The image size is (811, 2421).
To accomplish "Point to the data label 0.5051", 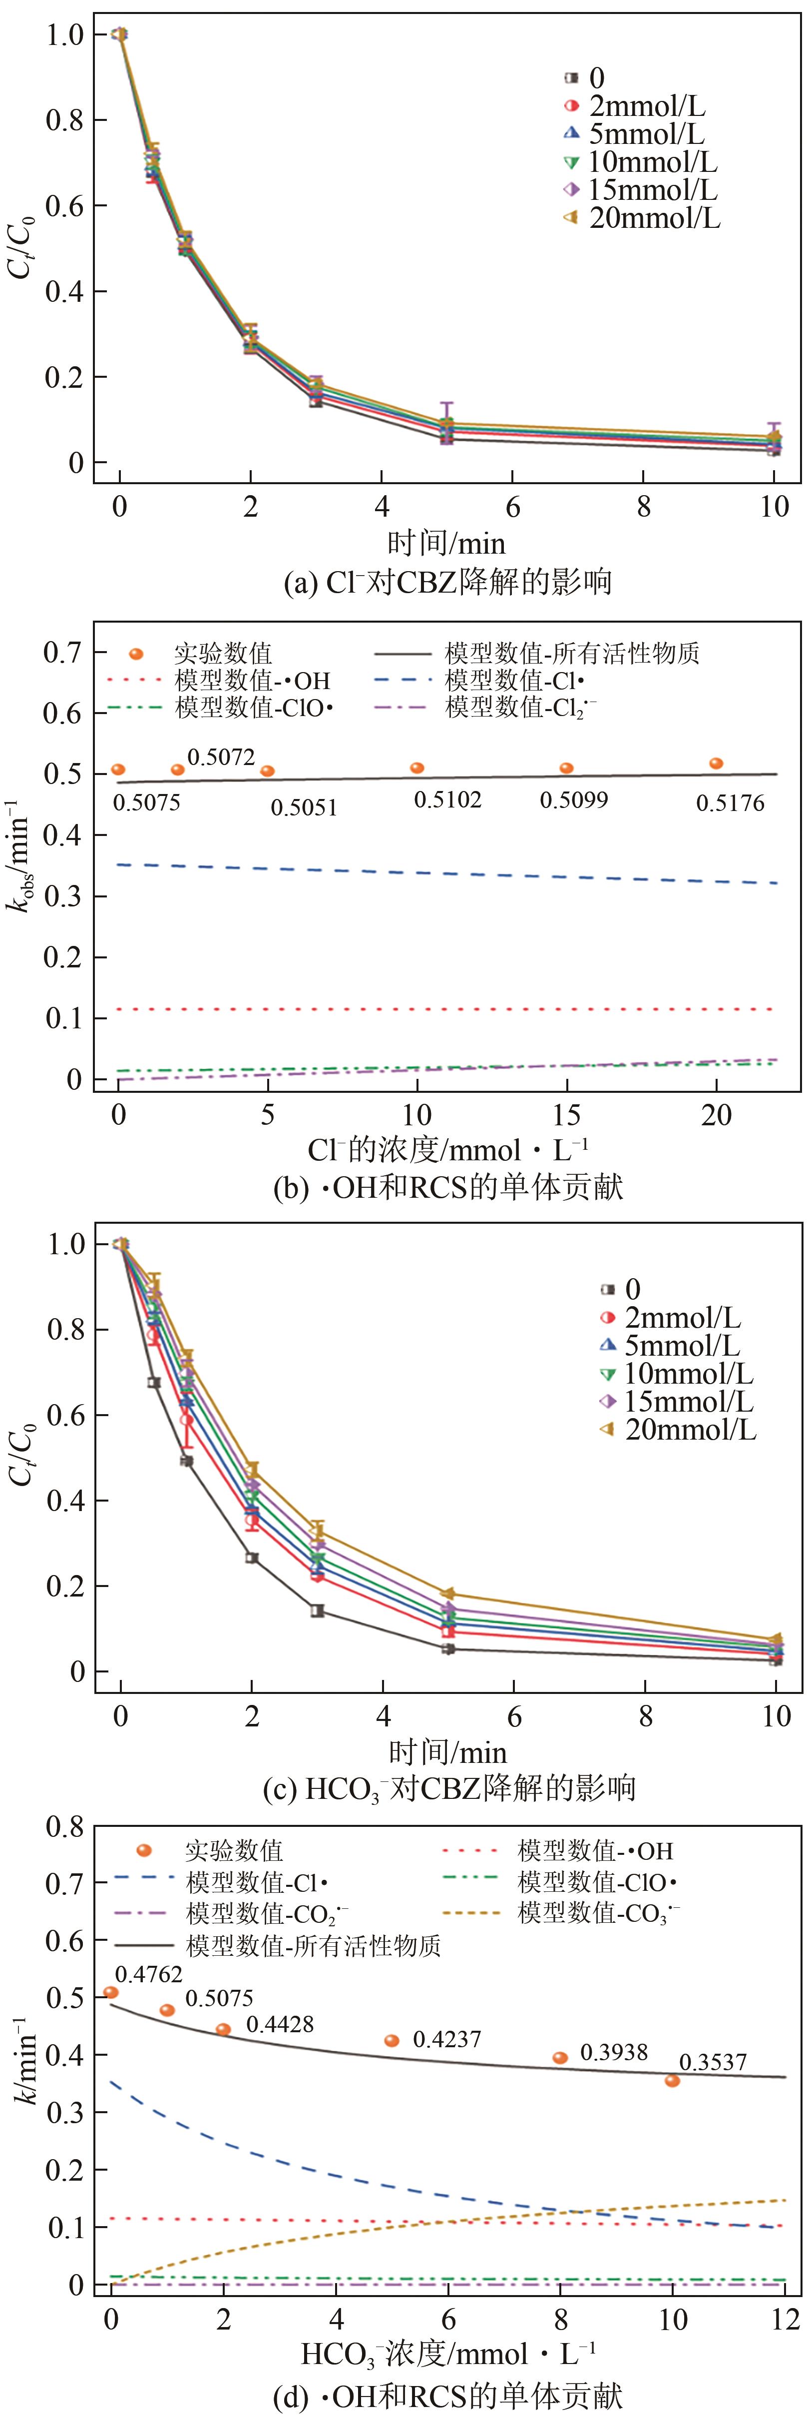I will [304, 807].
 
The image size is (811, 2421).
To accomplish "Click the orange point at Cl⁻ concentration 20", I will [716, 763].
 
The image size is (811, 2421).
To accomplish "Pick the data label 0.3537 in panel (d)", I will [713, 2062].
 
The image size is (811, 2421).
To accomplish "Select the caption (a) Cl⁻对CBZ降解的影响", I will [447, 583].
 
